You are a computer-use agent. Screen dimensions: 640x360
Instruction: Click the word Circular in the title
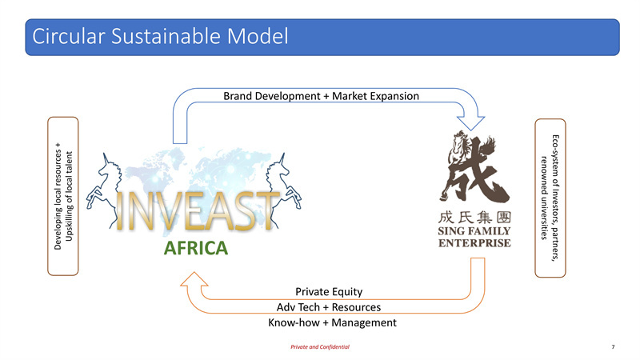pyautogui.click(x=69, y=36)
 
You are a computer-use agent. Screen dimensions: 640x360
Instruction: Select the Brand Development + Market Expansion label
pyautogui.click(x=322, y=96)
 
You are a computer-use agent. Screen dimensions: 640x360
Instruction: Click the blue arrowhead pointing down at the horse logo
pyautogui.click(x=470, y=123)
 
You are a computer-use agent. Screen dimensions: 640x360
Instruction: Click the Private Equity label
pyautogui.click(x=329, y=292)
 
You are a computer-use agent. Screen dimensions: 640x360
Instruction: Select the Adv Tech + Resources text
pyautogui.click(x=329, y=307)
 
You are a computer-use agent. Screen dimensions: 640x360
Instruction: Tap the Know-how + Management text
pyautogui.click(x=332, y=322)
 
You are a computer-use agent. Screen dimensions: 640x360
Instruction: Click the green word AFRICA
pyautogui.click(x=196, y=248)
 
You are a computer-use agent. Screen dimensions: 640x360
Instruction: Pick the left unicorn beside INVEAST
pyautogui.click(x=104, y=189)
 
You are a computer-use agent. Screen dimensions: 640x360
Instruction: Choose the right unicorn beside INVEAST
pyautogui.click(x=283, y=189)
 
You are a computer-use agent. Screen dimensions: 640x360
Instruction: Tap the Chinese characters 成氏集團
pyautogui.click(x=474, y=217)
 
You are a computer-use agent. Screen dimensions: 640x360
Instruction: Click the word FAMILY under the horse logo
pyautogui.click(x=488, y=231)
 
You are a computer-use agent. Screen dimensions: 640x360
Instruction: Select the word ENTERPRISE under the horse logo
pyautogui.click(x=474, y=243)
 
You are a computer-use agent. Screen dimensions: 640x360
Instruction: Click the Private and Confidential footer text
pyautogui.click(x=320, y=347)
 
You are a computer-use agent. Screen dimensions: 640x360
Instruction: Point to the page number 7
pyautogui.click(x=613, y=347)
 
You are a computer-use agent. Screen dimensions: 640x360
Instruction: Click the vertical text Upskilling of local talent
pyautogui.click(x=69, y=196)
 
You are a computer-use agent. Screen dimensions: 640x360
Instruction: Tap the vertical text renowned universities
pyautogui.click(x=544, y=198)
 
